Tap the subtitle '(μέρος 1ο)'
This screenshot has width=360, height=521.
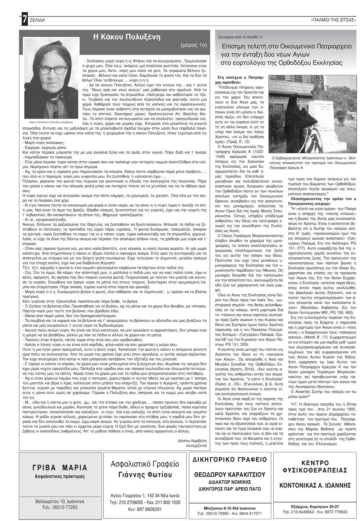click(x=194, y=45)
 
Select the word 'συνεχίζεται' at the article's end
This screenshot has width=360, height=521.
click(x=197, y=445)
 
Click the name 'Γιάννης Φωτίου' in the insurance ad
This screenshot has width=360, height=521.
click(x=145, y=474)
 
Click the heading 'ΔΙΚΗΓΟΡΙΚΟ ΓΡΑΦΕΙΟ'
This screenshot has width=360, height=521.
click(x=230, y=459)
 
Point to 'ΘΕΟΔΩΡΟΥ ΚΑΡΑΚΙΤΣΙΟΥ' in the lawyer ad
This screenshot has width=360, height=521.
click(x=230, y=474)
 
